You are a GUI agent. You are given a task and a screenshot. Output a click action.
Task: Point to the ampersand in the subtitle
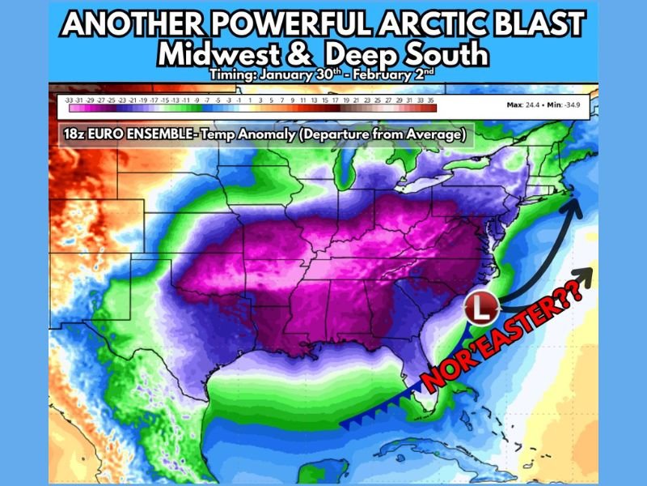pyautogui.click(x=305, y=54)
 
